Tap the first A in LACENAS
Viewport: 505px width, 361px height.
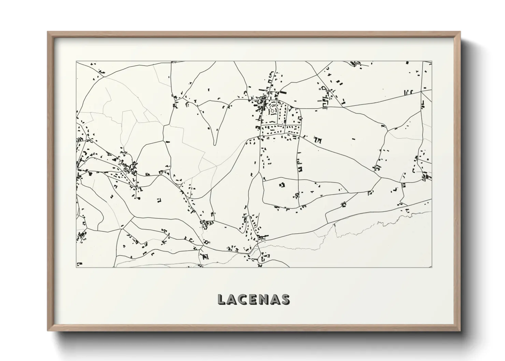coord(231,299)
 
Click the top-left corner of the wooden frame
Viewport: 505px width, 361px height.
coord(48,32)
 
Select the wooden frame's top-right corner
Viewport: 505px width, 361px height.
coord(460,32)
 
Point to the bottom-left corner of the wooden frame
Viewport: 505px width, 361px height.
coord(48,331)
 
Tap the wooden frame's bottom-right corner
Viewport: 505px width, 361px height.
coord(460,331)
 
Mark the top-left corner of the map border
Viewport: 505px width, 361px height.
coord(76,61)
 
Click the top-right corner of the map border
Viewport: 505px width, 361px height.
coord(432,61)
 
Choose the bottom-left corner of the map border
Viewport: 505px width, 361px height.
coord(76,267)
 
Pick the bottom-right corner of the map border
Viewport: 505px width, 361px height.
coord(432,267)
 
